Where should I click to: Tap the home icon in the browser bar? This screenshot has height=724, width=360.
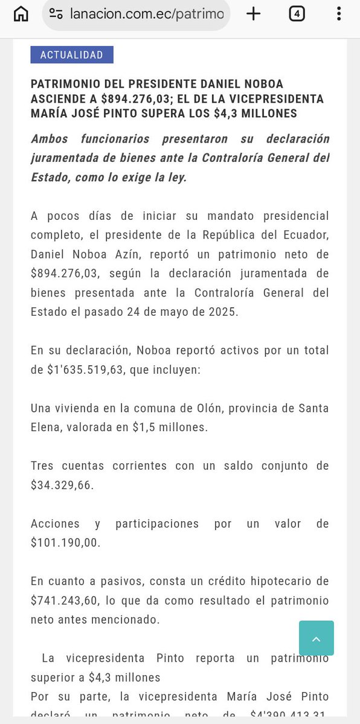(x=21, y=14)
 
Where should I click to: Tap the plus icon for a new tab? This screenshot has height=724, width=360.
(x=254, y=14)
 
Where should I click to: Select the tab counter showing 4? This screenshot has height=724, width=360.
(x=296, y=14)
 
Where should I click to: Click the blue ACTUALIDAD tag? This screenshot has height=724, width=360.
(x=72, y=55)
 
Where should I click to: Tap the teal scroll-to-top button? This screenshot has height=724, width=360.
(x=316, y=638)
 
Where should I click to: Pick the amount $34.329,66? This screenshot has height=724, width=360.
(x=62, y=484)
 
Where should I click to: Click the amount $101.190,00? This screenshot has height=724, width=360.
(x=65, y=542)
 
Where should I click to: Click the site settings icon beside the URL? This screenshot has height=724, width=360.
(x=56, y=14)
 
